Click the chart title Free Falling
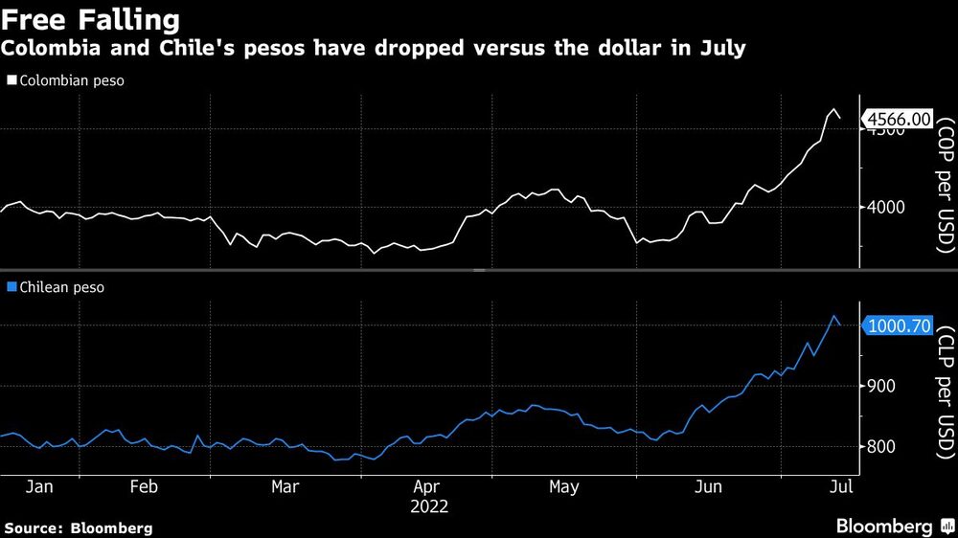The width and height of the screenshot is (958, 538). (x=92, y=19)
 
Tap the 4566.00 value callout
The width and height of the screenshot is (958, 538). (x=899, y=119)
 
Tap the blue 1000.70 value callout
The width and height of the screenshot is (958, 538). (x=899, y=326)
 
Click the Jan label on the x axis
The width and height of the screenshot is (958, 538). (x=39, y=487)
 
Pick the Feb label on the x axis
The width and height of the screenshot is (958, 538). (x=143, y=487)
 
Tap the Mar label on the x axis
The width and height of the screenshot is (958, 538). (x=285, y=487)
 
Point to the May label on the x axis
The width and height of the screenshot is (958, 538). (x=563, y=487)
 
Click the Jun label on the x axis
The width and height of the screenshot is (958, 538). (x=707, y=487)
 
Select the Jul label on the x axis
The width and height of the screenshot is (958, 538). (x=838, y=487)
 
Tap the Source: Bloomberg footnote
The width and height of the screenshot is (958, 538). (x=79, y=527)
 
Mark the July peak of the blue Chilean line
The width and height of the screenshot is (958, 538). (x=834, y=316)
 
